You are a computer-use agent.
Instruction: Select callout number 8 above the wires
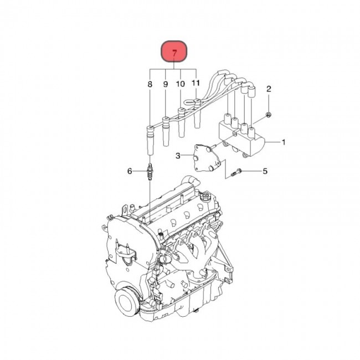coord(150,84)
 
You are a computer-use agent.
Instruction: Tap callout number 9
coord(165,84)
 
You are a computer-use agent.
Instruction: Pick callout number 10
coord(180,84)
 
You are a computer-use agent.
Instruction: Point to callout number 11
coord(196,83)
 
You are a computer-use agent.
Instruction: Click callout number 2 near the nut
coord(269,89)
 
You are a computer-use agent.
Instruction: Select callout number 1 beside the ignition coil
coord(284,142)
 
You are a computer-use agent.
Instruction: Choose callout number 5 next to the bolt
coord(264,171)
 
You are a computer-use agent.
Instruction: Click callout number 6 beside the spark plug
coord(130,171)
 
